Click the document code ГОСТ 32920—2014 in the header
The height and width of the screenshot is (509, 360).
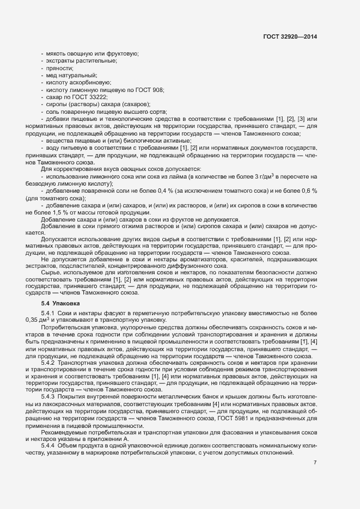290,37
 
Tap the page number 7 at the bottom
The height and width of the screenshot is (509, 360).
315,463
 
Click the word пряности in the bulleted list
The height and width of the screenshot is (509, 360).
60,68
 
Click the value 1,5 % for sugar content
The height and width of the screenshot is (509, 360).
60,212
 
